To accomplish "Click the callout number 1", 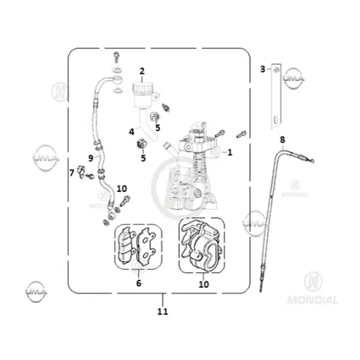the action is click(229, 152).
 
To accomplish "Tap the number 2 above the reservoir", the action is click(142, 71).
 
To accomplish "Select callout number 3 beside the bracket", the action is click(262, 69).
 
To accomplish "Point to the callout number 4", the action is click(131, 132).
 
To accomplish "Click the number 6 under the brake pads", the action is click(139, 283).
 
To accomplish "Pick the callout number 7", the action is click(72, 172).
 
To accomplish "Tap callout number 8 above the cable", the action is click(282, 139).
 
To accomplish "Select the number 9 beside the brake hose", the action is click(91, 158).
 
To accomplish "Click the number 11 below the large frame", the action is click(163, 311).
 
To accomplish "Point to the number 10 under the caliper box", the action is click(203, 284).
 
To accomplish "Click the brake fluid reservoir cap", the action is click(142, 87).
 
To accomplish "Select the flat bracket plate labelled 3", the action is click(276, 96).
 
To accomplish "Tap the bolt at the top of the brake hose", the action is click(116, 57).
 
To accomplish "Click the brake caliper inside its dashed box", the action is click(202, 245).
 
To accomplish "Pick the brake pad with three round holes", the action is click(145, 246).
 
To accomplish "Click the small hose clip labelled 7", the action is click(81, 172).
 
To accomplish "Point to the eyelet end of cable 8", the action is click(311, 160).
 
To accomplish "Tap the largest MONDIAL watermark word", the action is click(313, 300).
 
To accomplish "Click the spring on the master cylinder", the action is click(200, 166).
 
